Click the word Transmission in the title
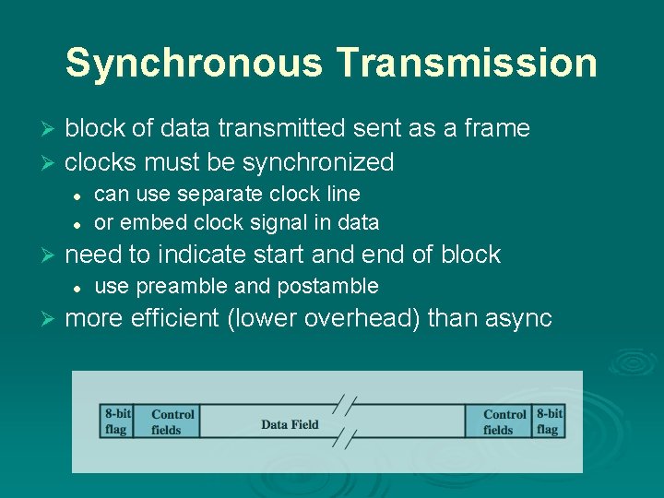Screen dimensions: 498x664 [x=467, y=64]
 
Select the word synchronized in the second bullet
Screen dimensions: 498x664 [x=318, y=162]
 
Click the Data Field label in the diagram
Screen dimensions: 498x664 [x=290, y=424]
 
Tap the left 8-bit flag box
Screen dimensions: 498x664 [x=116, y=421]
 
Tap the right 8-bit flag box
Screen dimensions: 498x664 [x=549, y=421]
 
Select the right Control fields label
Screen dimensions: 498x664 [x=504, y=422]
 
